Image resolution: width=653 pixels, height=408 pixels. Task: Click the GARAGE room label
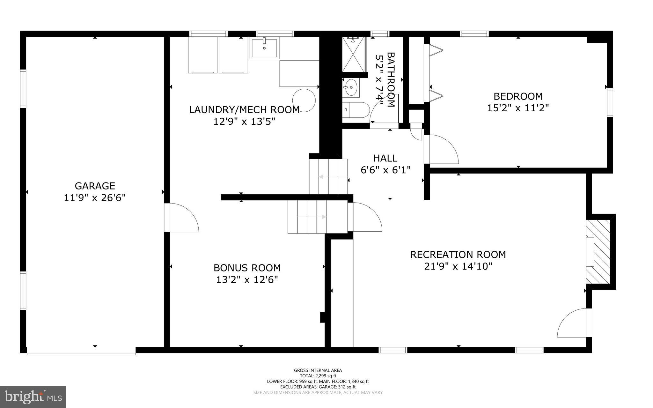pyautogui.click(x=95, y=186)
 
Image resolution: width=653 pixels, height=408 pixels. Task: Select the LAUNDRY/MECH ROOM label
pyautogui.click(x=244, y=110)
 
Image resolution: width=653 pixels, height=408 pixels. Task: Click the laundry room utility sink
pyautogui.click(x=264, y=48)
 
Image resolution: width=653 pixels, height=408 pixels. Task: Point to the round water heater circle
pyautogui.click(x=304, y=100)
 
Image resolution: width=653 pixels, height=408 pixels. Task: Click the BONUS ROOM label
pyautogui.click(x=247, y=268)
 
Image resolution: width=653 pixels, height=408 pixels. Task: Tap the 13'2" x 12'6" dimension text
pyautogui.click(x=247, y=280)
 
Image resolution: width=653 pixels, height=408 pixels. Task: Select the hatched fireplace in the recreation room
pyautogui.click(x=598, y=251)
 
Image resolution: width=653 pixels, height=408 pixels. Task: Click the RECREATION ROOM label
pyautogui.click(x=458, y=255)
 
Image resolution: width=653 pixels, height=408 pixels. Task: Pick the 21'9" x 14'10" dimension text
pyautogui.click(x=458, y=266)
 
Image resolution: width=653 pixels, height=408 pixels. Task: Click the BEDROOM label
pyautogui.click(x=518, y=96)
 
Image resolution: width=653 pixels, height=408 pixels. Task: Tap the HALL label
pyautogui.click(x=385, y=158)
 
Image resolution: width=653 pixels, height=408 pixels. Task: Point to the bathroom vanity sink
pyautogui.click(x=351, y=87)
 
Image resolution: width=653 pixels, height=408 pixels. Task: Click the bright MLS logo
pyautogui.click(x=33, y=397)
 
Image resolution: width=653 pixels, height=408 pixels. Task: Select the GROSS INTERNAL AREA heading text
pyautogui.click(x=318, y=370)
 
